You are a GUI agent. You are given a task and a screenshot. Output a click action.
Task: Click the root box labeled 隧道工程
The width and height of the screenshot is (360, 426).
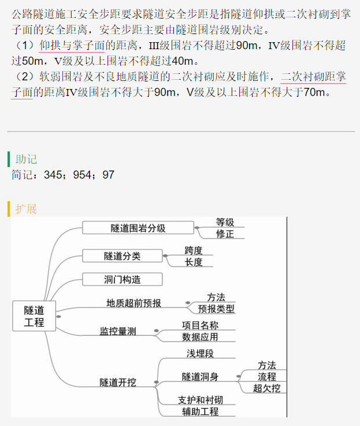(x=34, y=316)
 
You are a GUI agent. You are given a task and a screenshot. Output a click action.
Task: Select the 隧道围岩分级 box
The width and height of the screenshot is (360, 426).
(x=138, y=228)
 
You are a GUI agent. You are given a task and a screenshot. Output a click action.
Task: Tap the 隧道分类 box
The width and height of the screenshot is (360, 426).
(x=123, y=256)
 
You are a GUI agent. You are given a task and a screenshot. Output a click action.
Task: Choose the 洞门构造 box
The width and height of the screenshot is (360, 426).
(x=123, y=279)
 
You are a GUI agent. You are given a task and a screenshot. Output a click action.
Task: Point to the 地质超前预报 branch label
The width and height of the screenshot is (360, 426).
(x=133, y=303)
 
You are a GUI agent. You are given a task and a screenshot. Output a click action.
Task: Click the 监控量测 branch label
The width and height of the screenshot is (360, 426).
(x=118, y=331)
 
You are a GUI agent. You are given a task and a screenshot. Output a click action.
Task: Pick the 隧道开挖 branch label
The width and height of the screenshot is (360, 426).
(x=118, y=382)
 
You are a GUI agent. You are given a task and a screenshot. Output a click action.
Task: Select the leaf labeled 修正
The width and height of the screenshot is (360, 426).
(x=225, y=234)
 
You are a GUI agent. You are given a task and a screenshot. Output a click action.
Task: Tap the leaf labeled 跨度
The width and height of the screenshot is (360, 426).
(x=194, y=250)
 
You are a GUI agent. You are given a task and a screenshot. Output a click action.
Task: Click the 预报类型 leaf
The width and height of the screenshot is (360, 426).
(x=216, y=309)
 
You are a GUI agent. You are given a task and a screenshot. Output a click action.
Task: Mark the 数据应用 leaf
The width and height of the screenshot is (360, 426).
(x=201, y=337)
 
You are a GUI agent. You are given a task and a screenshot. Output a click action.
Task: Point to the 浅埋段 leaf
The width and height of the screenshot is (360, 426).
(x=201, y=354)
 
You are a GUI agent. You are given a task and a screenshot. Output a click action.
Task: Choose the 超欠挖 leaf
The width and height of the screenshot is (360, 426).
(x=267, y=388)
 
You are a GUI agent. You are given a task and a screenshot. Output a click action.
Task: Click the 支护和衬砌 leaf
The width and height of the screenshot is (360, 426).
(x=201, y=400)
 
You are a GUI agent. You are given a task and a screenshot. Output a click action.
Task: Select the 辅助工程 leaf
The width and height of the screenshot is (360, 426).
(x=201, y=412)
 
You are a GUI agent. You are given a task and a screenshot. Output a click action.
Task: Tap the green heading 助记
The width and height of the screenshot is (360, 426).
(x=26, y=159)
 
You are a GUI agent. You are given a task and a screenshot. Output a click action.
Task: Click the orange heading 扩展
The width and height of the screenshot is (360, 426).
(x=26, y=209)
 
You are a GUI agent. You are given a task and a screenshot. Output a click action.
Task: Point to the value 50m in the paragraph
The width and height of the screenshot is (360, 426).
(x=32, y=61)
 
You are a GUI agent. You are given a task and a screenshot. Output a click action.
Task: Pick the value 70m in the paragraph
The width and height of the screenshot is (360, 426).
(x=314, y=92)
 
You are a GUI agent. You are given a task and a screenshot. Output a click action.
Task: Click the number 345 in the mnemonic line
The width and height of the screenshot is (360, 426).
(x=53, y=175)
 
